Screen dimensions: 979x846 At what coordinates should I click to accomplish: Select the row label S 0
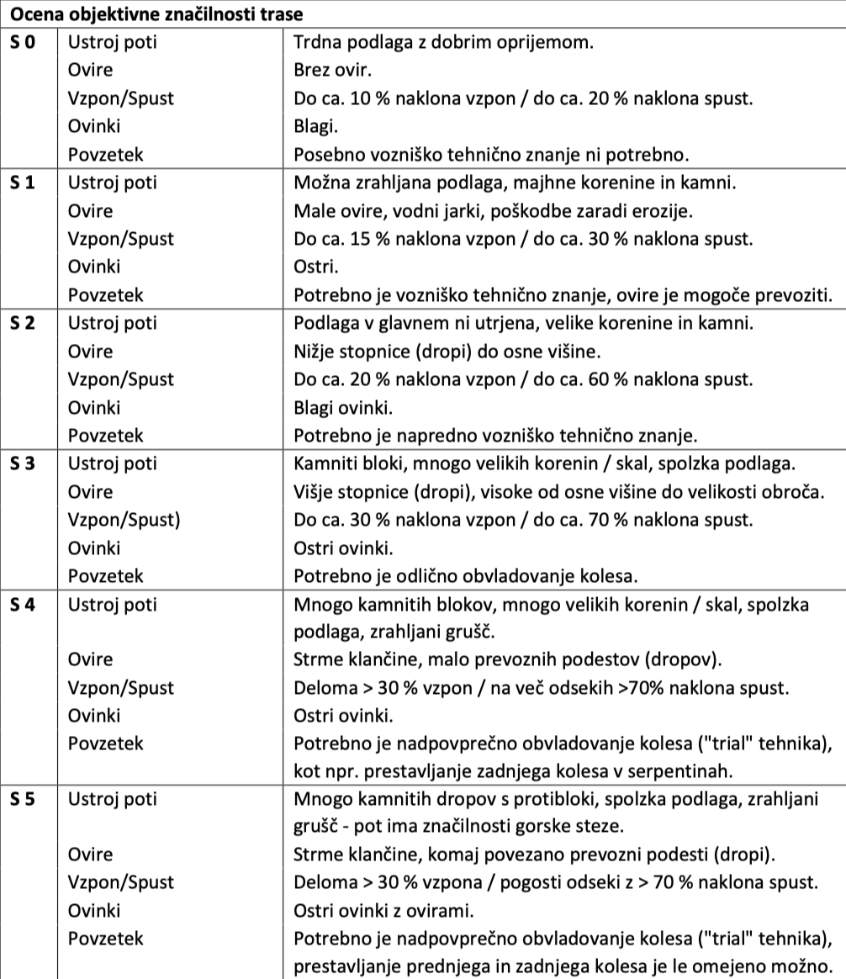point(24,42)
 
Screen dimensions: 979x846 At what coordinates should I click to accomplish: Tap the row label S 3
point(24,463)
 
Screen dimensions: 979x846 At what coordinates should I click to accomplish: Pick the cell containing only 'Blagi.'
point(316,126)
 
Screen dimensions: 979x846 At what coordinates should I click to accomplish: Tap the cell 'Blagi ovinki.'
point(343,407)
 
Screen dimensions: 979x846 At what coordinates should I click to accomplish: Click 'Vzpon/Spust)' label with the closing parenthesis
point(124,520)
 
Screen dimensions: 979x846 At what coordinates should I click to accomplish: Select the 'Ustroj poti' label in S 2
point(112,323)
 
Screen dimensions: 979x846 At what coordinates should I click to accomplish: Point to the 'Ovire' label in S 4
point(90,659)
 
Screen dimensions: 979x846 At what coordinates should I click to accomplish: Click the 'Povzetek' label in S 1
point(106,295)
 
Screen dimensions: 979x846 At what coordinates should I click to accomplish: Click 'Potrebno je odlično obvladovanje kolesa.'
point(467,576)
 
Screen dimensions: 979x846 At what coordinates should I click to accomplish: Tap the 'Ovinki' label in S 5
point(94,910)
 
